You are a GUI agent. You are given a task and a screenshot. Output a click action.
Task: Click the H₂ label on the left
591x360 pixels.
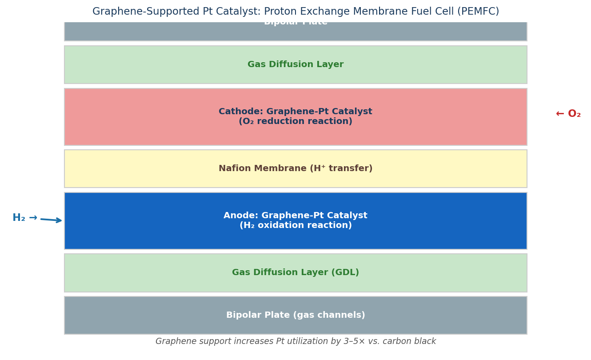coord(19,218)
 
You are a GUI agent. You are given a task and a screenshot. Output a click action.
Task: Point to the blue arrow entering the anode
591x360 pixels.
coord(51,220)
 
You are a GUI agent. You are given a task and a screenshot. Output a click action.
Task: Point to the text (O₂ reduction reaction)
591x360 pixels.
coord(295,122)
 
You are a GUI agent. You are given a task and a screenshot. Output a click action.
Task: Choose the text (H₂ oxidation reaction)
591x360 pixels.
coord(295,226)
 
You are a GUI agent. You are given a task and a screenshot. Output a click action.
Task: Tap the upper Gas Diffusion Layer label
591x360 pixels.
coord(295,65)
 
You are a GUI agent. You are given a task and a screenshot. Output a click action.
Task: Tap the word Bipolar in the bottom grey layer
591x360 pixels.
coord(244,316)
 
